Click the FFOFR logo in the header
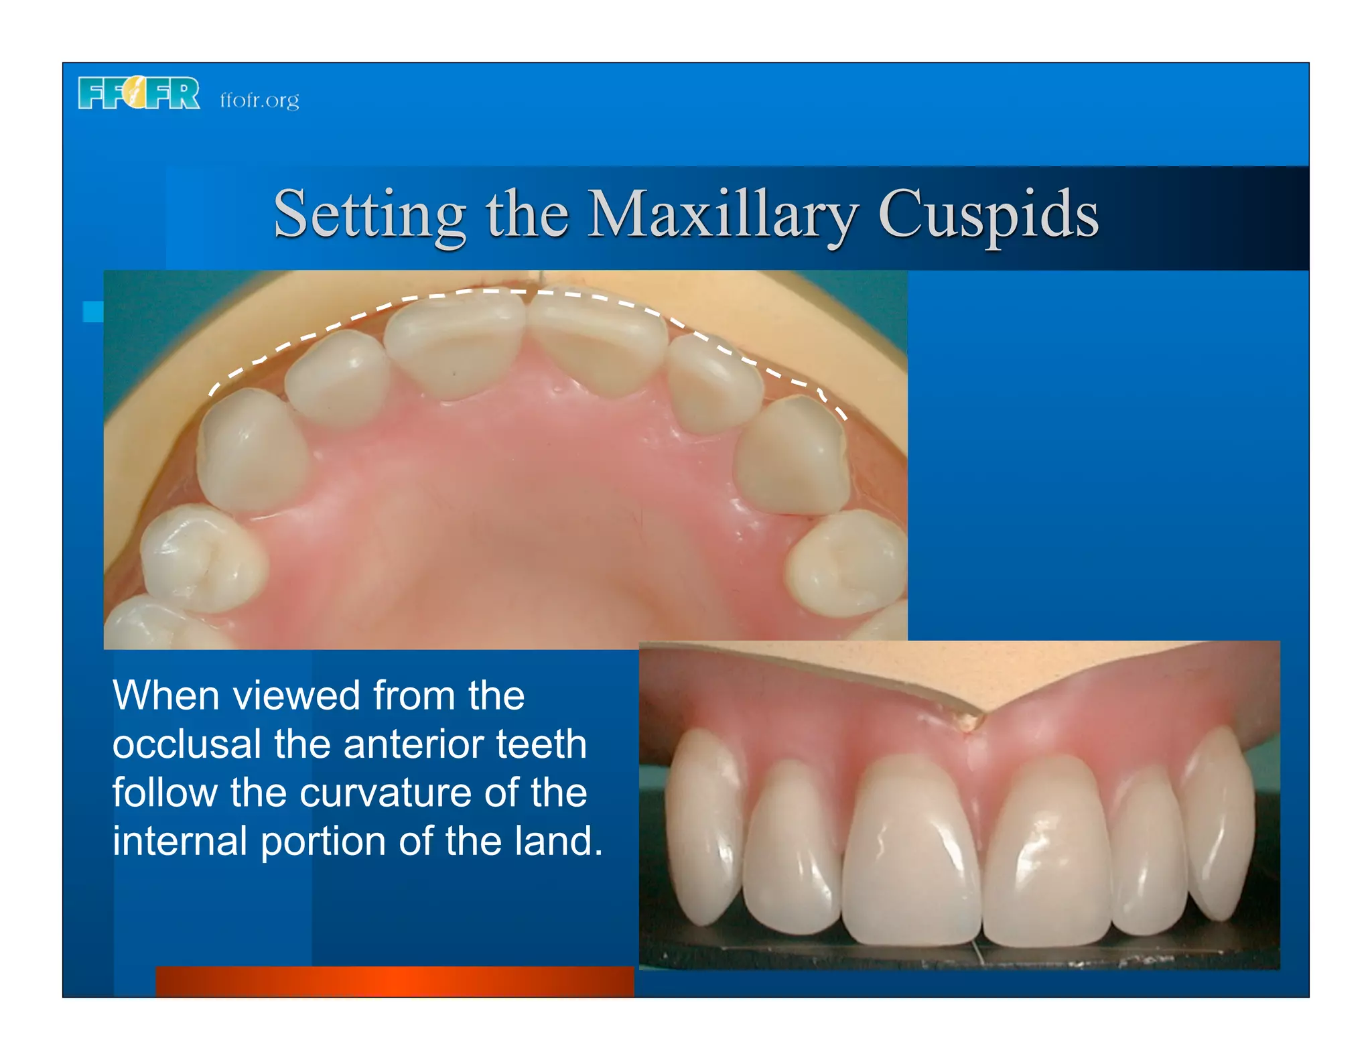pos(139,94)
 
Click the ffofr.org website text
pos(259,100)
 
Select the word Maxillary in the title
pos(722,214)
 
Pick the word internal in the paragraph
pos(180,842)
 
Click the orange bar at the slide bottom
pos(394,981)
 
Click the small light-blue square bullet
pos(92,312)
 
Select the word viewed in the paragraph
pos(296,696)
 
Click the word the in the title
pos(527,214)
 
